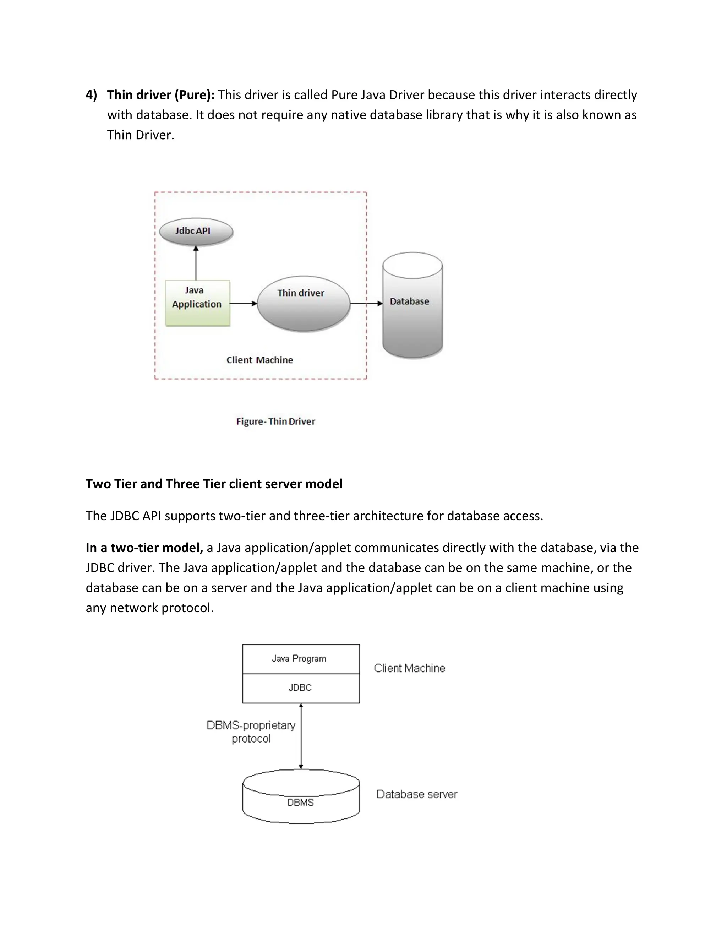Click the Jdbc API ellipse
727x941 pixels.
coord(196,232)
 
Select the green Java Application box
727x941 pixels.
coord(198,303)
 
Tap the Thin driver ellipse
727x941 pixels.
coord(304,304)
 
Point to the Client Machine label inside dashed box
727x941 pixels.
coord(260,360)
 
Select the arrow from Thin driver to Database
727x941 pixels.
coord(366,303)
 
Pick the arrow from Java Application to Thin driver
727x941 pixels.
coord(243,303)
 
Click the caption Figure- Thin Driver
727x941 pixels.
coord(275,421)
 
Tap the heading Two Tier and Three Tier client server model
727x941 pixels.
coord(214,484)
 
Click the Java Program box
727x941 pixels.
coord(301,659)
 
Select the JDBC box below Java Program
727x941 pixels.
coord(301,688)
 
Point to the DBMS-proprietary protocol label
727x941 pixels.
coord(251,731)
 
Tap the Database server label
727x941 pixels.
coord(416,794)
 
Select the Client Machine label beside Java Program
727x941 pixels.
coord(409,668)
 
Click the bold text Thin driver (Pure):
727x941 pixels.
coord(161,95)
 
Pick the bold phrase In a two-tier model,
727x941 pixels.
coord(144,548)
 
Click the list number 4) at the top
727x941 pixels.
coord(91,95)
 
